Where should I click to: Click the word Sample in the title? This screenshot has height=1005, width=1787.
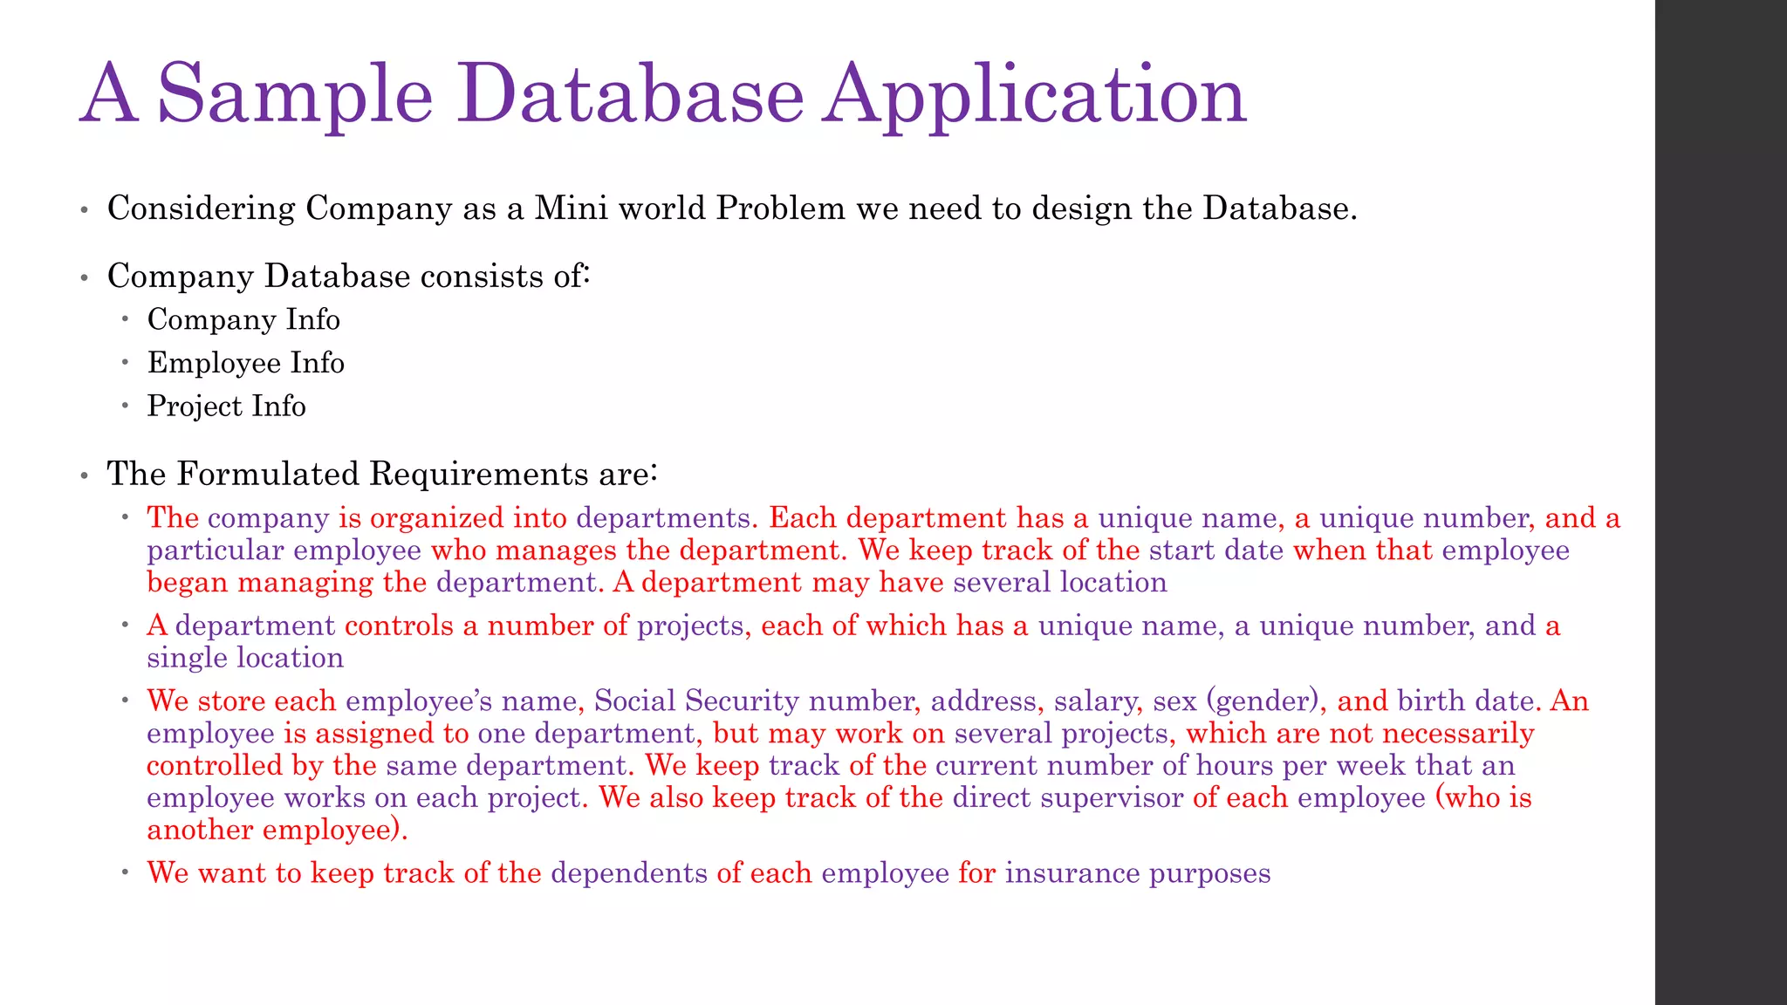click(x=295, y=94)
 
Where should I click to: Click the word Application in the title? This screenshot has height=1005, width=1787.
click(x=1035, y=94)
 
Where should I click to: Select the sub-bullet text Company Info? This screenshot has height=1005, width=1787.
click(x=243, y=319)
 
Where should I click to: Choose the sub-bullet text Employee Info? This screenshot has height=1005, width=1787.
click(x=246, y=363)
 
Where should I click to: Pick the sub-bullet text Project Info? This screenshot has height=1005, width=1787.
click(x=226, y=407)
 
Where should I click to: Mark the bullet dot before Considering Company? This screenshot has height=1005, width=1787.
click(x=84, y=210)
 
